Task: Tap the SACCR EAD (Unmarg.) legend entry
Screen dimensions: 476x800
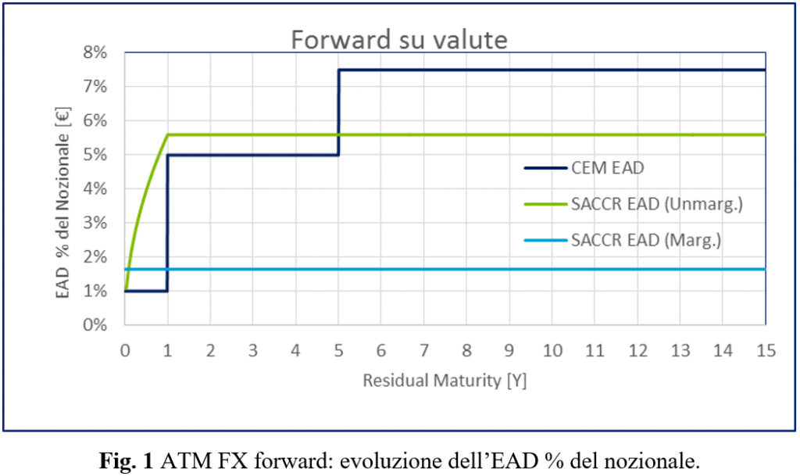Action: click(x=655, y=204)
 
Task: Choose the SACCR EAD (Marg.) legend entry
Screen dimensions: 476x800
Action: click(x=646, y=241)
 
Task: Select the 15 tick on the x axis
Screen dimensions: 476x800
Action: click(x=765, y=352)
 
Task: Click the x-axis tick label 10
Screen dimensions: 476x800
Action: click(x=552, y=352)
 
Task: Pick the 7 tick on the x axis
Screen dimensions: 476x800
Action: click(x=423, y=352)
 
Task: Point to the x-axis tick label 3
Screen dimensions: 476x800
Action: click(x=253, y=352)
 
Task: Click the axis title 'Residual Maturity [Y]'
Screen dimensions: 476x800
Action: click(x=444, y=381)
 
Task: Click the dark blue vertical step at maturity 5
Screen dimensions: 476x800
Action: click(x=338, y=112)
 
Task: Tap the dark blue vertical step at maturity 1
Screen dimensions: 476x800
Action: click(x=167, y=223)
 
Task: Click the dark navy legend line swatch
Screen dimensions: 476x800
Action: click(x=545, y=166)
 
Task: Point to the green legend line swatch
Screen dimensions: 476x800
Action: click(x=545, y=204)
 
